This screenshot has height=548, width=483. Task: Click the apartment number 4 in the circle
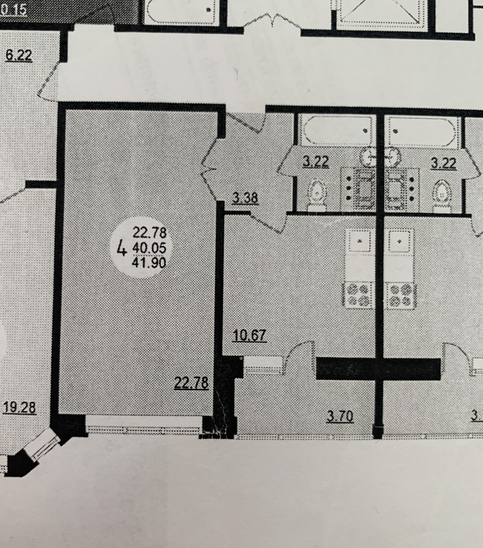click(122, 248)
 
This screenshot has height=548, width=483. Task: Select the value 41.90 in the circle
click(149, 263)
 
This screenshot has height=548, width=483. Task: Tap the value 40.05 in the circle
click(149, 248)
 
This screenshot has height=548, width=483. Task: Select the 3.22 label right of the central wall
click(443, 163)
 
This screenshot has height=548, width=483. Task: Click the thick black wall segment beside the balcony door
click(378, 369)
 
